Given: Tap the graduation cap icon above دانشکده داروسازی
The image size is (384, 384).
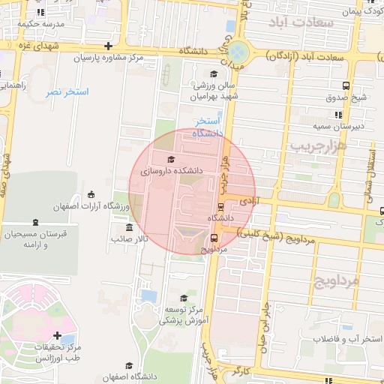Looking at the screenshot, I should pyautogui.click(x=170, y=160).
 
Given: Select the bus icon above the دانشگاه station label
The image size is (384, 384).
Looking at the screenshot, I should pyautogui.click(x=220, y=207).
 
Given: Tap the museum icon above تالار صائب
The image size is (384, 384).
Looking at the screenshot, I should pyautogui.click(x=130, y=227).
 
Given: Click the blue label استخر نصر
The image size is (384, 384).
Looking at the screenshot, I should pyautogui.click(x=67, y=91).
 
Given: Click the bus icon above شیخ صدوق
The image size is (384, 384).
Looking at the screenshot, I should pyautogui.click(x=345, y=85).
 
